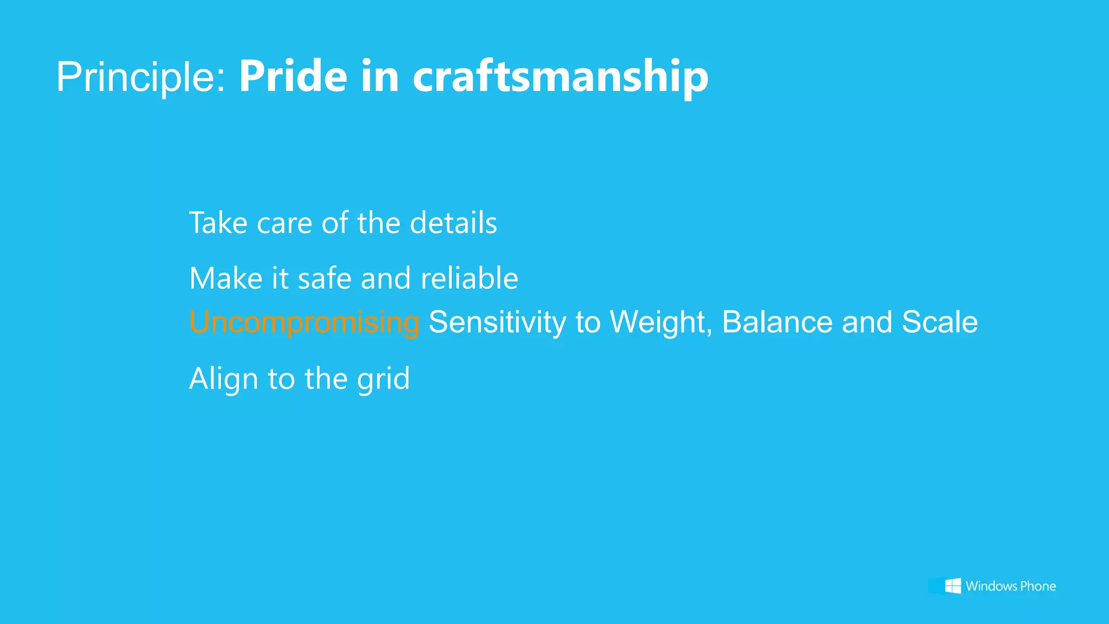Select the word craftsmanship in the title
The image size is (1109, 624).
tap(560, 77)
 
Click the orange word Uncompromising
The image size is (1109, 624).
tap(304, 323)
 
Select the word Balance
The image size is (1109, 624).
tap(777, 322)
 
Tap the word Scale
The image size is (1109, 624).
tap(940, 322)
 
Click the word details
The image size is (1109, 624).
tap(453, 223)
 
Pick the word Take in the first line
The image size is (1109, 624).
tap(218, 223)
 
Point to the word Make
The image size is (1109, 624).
tap(225, 278)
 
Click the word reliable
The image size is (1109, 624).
tap(469, 278)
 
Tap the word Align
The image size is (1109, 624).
tap(223, 379)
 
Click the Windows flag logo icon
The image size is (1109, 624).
tap(953, 586)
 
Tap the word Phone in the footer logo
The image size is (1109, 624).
tap(1038, 586)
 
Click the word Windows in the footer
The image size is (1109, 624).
tap(991, 586)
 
